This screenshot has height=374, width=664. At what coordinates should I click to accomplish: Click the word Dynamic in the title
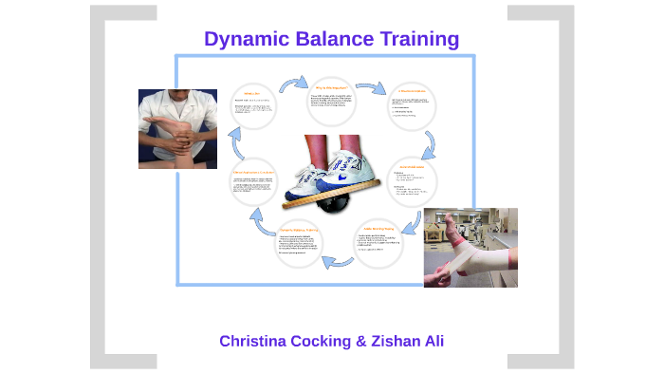pos(248,39)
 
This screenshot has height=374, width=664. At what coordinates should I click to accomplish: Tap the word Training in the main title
pos(421,39)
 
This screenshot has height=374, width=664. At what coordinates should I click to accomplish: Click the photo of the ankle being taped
pos(470,249)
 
